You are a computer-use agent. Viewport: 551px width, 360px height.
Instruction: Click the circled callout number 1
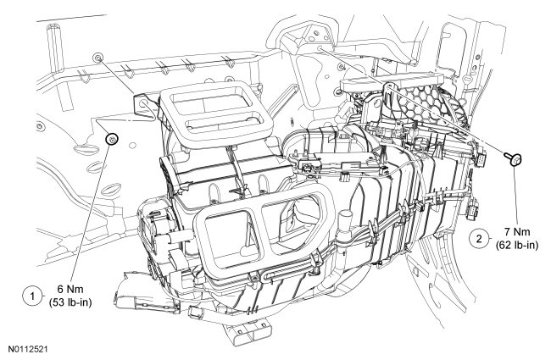32,296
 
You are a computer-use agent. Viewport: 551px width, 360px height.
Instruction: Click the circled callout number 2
479,239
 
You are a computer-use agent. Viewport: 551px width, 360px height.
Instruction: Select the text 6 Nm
70,289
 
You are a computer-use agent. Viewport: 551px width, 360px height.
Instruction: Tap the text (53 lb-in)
70,302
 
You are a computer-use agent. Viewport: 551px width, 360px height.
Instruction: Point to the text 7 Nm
517,232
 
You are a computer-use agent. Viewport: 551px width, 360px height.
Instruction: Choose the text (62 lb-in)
517,245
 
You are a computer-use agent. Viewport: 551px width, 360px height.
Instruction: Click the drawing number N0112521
28,349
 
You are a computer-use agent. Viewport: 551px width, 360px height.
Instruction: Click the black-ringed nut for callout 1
112,140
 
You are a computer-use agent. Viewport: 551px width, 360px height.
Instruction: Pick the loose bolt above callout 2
513,158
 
